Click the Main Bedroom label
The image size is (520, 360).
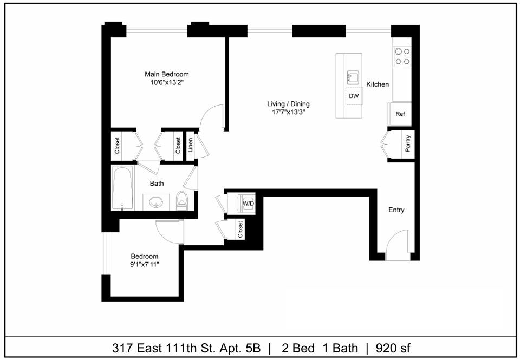pyautogui.click(x=166, y=74)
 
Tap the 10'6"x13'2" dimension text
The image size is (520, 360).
pyautogui.click(x=166, y=83)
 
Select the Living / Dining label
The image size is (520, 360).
pyautogui.click(x=288, y=104)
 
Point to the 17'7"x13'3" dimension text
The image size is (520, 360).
pyautogui.click(x=288, y=113)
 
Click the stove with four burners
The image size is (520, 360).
pyautogui.click(x=402, y=56)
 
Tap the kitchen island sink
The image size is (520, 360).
pyautogui.click(x=353, y=77)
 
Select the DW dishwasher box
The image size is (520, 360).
pyautogui.click(x=354, y=96)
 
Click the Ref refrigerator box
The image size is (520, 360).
pyautogui.click(x=400, y=114)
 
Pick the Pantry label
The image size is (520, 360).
pyautogui.click(x=407, y=144)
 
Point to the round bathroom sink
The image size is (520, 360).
pyautogui.click(x=157, y=201)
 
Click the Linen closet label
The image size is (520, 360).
pyautogui.click(x=190, y=145)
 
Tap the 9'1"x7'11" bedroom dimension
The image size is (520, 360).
pyautogui.click(x=145, y=264)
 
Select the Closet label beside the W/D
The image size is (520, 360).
pyautogui.click(x=240, y=230)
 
